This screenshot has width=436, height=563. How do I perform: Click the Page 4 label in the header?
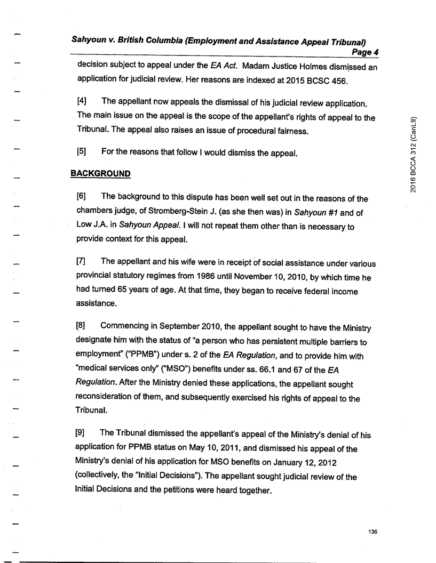pyautogui.click(x=363, y=52)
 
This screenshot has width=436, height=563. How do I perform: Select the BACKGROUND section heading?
pyautogui.click(x=101, y=174)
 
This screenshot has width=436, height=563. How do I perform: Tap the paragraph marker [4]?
pyautogui.click(x=83, y=102)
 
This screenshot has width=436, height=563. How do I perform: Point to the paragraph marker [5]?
pyautogui.click(x=83, y=151)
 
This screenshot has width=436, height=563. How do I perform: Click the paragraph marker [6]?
pyautogui.click(x=83, y=198)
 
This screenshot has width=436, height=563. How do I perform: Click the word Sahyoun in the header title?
pyautogui.click(x=94, y=39)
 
